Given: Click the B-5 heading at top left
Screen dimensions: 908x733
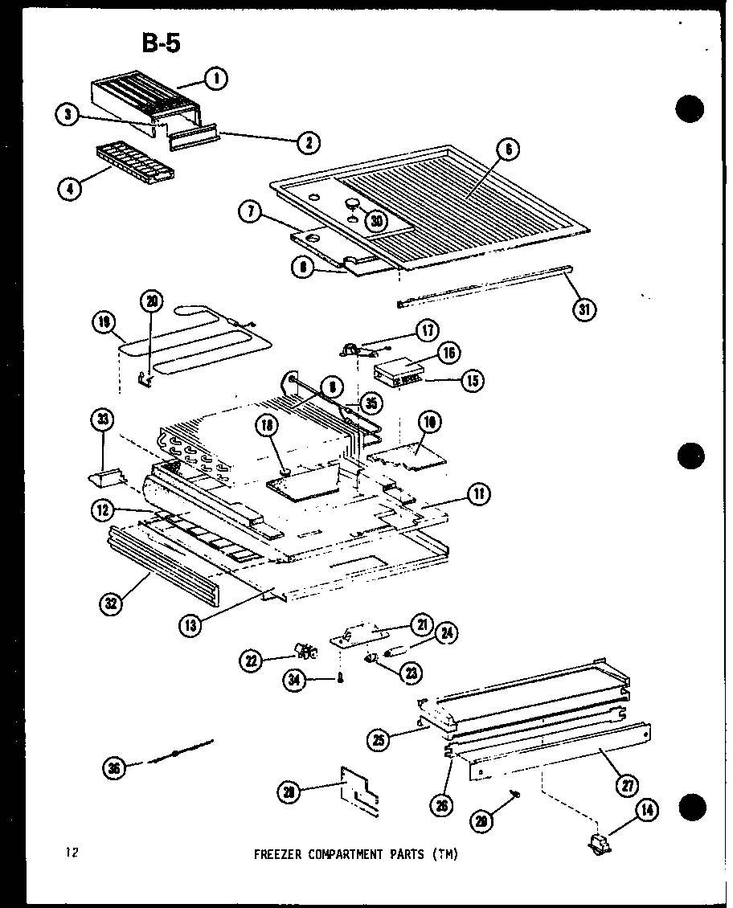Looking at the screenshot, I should pos(162,43).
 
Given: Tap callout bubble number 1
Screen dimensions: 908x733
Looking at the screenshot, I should pos(215,78).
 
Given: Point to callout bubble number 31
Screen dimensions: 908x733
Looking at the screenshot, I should pos(587,309).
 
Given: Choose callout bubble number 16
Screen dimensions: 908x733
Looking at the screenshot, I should pos(450,351).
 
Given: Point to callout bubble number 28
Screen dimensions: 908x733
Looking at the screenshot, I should pos(289,791).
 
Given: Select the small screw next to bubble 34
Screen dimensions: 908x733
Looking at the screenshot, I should pos(342,680).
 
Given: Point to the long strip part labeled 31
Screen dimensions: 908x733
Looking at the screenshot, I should pos(482,286).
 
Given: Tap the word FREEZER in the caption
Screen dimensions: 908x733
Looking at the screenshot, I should pos(278,855).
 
